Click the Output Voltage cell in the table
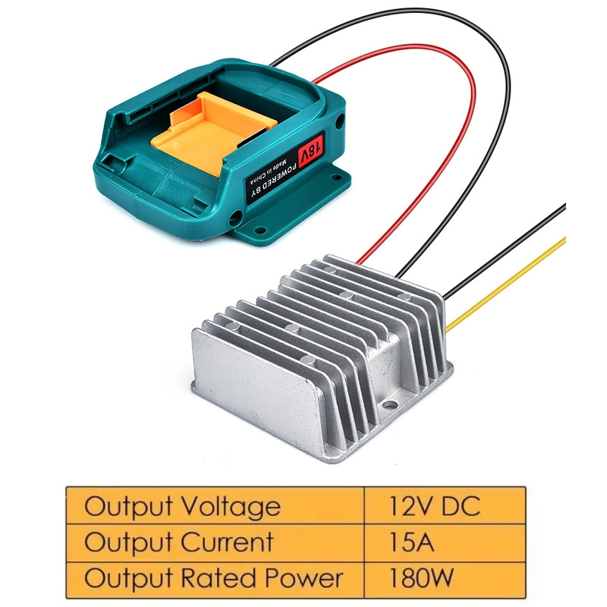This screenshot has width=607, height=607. coord(215,505)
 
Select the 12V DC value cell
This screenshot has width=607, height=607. coord(445,505)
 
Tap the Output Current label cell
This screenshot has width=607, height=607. coord(215,543)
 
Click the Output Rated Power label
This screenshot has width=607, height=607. coord(214,578)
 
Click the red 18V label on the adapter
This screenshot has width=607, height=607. coord(311,149)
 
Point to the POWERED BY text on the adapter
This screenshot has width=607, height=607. coord(274,181)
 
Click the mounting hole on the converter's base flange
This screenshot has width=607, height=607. coord(390,405)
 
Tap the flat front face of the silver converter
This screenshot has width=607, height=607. coord(256,379)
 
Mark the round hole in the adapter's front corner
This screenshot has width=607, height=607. coord(235,215)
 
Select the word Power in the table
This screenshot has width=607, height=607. coord(304,577)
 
